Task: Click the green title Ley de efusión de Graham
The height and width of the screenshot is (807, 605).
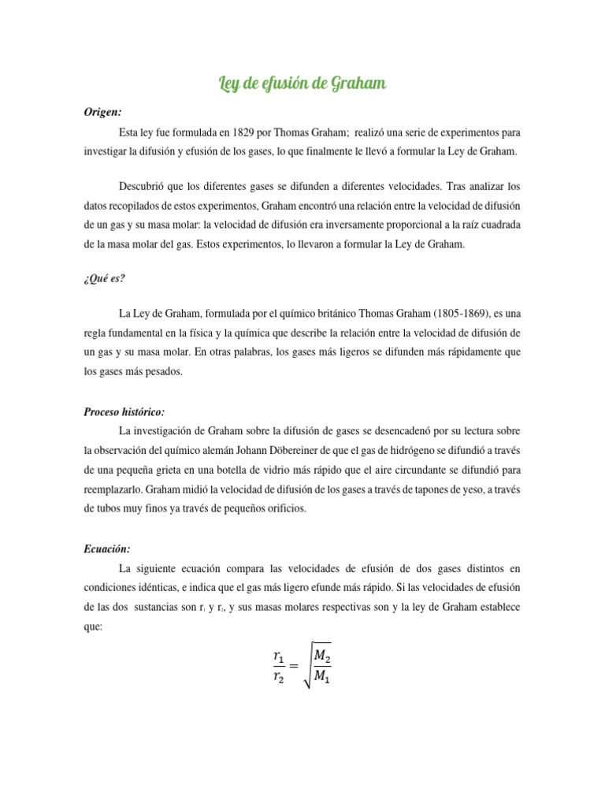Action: pos(302,84)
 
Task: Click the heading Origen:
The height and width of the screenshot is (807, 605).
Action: pos(102,113)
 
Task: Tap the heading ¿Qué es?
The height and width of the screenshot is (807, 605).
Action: pos(104,277)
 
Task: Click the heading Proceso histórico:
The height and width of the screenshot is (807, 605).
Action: pos(124,412)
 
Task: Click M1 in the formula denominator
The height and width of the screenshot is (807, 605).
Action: pos(322,675)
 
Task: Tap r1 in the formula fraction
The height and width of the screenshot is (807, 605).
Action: pos(278,655)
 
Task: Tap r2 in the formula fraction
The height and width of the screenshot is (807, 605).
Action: pos(278,675)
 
